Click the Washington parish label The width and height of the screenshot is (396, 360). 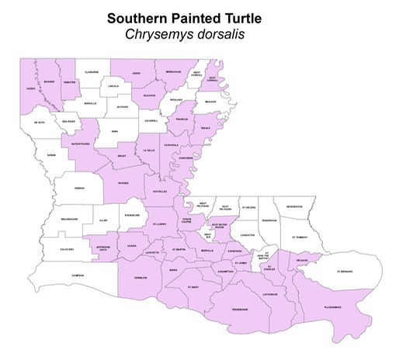(x=294, y=207)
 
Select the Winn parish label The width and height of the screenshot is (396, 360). (x=114, y=132)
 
